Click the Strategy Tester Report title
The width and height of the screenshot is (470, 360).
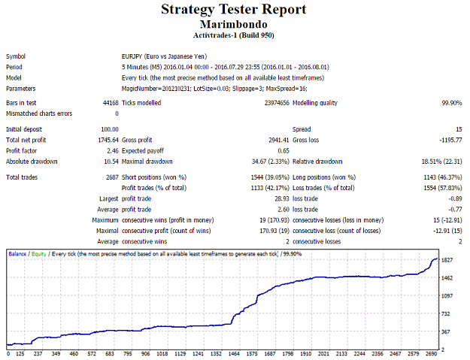point(234,9)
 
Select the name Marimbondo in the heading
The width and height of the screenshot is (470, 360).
point(234,24)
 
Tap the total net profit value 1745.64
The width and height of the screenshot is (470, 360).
point(108,140)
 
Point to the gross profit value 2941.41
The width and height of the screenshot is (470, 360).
point(279,140)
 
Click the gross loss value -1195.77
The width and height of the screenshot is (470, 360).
point(450,140)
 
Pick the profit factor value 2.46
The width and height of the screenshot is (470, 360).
point(113,150)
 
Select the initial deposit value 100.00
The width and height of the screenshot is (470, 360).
point(110,129)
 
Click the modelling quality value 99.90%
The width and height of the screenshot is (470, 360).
point(452,103)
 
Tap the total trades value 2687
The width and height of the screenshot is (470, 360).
point(112,177)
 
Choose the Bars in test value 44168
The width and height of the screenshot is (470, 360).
point(111,103)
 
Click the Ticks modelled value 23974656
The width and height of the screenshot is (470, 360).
point(277,103)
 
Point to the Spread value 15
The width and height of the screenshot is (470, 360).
point(459,129)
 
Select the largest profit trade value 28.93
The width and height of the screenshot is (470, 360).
point(282,198)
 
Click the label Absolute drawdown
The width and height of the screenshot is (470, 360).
point(32,162)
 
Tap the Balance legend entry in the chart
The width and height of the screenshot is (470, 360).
point(17,254)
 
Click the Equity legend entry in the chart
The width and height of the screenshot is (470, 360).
point(39,254)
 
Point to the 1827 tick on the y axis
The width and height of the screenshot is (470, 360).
point(447,260)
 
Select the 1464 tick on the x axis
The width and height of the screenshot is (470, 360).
point(234,354)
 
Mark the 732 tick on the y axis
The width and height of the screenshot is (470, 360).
point(446,313)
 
